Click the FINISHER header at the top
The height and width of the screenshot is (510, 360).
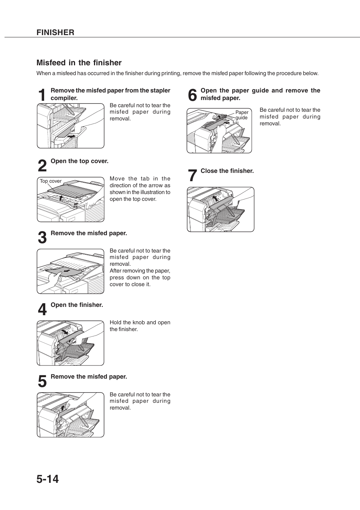[x=55, y=32]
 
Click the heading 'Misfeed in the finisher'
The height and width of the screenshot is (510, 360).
[x=79, y=63]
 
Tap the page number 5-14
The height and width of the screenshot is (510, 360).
[x=48, y=479]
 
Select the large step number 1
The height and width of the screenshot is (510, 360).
[x=43, y=95]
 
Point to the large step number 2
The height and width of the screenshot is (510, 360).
[x=42, y=166]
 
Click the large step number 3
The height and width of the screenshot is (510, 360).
[x=42, y=238]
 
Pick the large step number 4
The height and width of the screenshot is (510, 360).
[x=42, y=310]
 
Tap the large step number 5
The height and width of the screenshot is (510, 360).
[x=42, y=382]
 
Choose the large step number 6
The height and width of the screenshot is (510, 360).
[x=192, y=95]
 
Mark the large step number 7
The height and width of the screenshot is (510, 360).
[x=192, y=176]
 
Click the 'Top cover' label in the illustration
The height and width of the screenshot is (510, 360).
[x=51, y=181]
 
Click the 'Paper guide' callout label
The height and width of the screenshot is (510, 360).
[x=242, y=115]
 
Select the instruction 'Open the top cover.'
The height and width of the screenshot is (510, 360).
[x=79, y=161]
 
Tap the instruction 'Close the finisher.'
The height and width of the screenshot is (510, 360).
[x=227, y=171]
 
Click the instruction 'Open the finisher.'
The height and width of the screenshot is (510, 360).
[x=77, y=305]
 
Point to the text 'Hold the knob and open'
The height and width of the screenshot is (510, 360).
[x=140, y=322]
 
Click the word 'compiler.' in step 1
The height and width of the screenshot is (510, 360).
[x=64, y=98]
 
